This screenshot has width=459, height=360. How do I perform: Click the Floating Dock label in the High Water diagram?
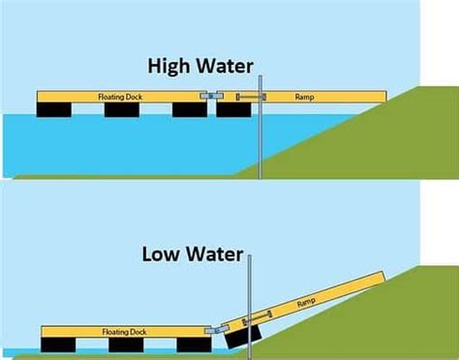point(119,97)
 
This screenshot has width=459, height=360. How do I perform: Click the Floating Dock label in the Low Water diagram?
point(123,330)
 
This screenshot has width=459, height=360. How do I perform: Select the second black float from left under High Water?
point(122,109)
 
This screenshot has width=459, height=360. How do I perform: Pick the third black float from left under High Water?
point(190,109)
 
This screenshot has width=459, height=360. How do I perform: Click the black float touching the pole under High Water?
point(234,109)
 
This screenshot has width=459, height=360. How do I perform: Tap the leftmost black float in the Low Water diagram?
point(58,343)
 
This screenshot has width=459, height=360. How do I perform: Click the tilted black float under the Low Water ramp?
point(242,334)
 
